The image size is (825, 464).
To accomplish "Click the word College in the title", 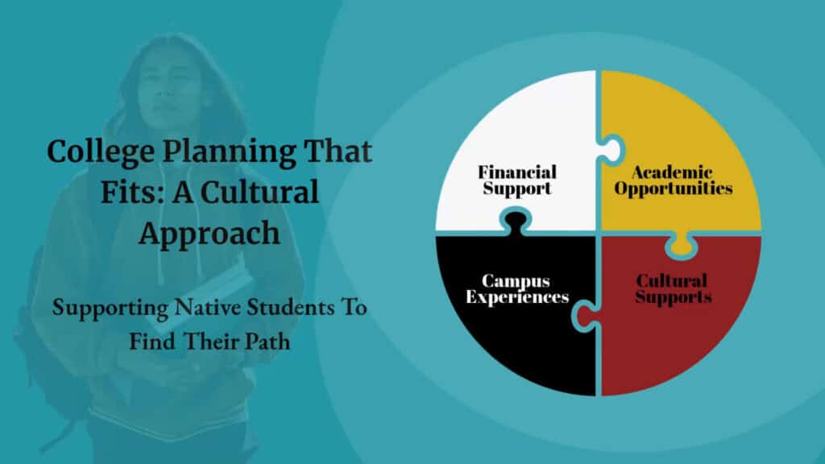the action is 101,152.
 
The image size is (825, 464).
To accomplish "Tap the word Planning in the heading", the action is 229,152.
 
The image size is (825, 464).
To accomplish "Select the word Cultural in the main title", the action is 260,192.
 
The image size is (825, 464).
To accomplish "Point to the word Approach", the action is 209,234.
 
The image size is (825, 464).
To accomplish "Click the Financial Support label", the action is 517,180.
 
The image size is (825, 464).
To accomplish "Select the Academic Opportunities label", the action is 673,180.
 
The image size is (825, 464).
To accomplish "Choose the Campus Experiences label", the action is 517,289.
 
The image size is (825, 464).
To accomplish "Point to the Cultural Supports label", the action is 673,289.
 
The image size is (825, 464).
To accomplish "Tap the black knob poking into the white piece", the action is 516,221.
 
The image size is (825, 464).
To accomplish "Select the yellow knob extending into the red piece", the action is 681,245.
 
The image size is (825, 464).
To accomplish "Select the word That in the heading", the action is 338,151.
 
